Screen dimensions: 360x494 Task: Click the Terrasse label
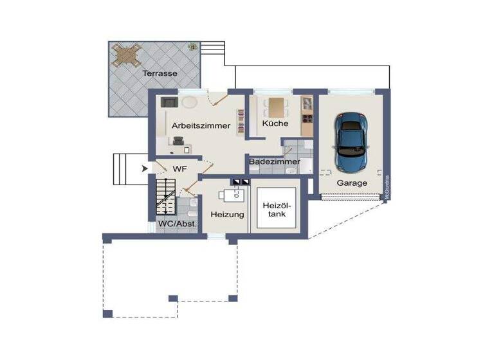click(x=160, y=73)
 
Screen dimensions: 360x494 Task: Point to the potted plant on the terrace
click(x=192, y=47)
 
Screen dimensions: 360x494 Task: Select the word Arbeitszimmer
click(x=201, y=126)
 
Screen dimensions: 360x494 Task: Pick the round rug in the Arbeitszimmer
click(x=188, y=102)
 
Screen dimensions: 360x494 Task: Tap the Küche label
click(x=275, y=123)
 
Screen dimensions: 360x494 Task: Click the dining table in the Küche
click(x=277, y=105)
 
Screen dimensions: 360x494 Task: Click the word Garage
click(x=352, y=183)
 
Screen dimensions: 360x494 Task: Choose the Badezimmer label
click(x=275, y=161)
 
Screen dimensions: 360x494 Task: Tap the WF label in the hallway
click(x=179, y=168)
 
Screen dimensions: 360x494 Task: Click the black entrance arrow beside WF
click(x=145, y=169)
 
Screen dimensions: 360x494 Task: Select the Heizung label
click(x=227, y=214)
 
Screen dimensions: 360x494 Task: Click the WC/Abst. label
click(x=178, y=224)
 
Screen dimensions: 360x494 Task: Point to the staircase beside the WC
click(x=165, y=197)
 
